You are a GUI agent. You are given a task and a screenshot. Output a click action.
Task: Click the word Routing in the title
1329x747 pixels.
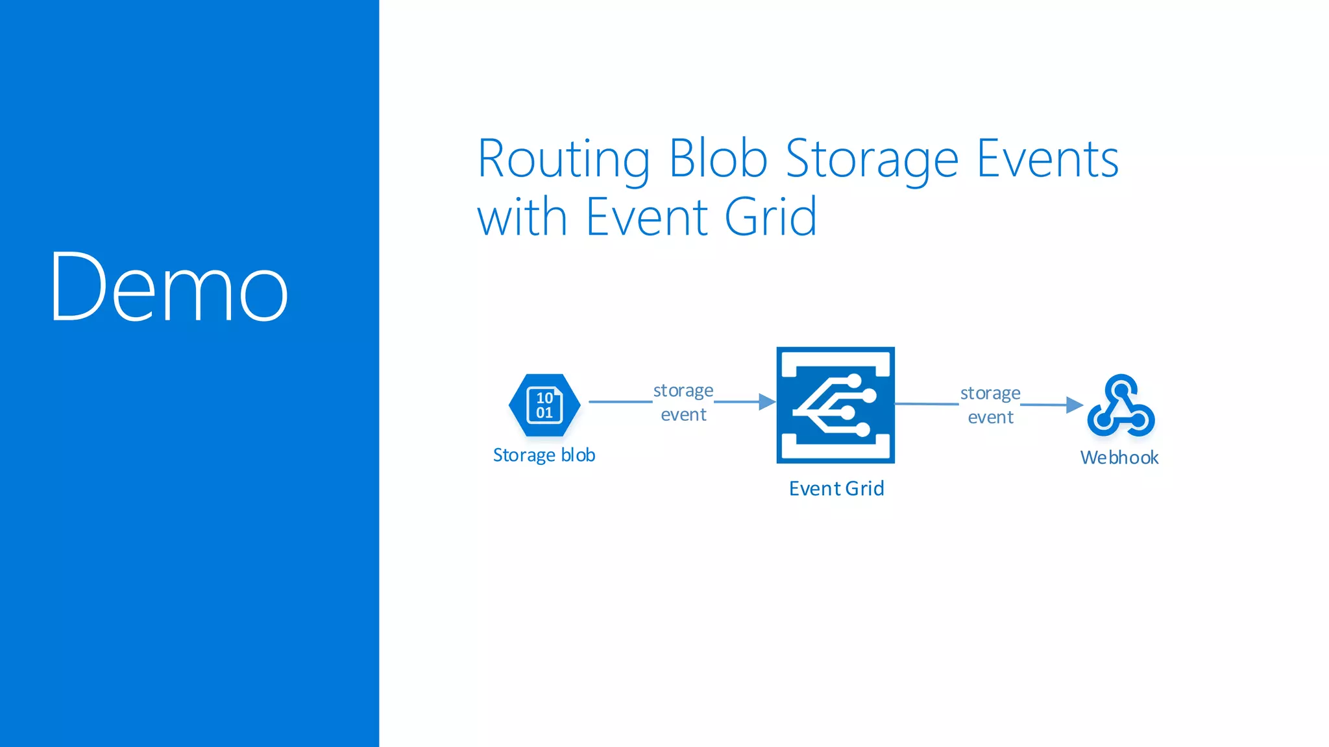(563, 160)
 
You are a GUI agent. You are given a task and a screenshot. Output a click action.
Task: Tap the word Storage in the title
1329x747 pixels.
(872, 160)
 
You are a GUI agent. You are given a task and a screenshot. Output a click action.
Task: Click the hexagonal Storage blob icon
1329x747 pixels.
(544, 405)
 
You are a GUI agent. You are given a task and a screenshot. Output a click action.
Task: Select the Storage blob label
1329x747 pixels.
(544, 455)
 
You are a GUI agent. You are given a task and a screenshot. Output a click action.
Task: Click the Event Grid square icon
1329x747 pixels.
(835, 405)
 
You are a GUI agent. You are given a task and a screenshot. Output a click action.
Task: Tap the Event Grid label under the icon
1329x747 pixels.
(836, 488)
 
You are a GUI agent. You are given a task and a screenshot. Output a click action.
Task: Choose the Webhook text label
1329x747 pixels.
(1119, 458)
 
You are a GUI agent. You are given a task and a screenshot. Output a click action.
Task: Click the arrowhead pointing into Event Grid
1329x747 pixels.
(767, 402)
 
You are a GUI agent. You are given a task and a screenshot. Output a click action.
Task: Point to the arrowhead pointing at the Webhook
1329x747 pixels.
(1074, 405)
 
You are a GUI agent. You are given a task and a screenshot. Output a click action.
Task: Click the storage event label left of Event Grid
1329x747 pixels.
(683, 402)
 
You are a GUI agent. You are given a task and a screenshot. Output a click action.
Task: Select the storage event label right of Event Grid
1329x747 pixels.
(990, 405)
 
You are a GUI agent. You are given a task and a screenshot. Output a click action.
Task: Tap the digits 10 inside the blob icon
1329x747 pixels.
(544, 397)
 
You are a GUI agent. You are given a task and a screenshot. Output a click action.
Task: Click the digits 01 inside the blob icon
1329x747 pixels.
(544, 413)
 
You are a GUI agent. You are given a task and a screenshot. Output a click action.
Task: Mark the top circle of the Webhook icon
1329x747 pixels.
(1121, 388)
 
